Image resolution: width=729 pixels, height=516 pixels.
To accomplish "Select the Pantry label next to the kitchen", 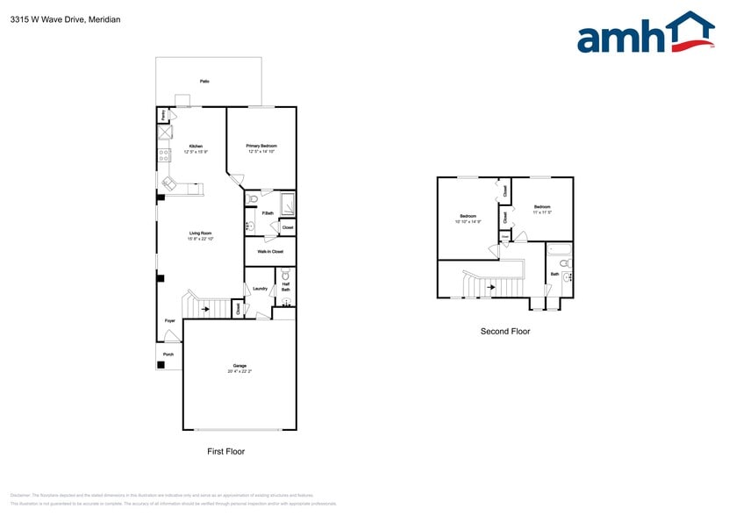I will [162, 115].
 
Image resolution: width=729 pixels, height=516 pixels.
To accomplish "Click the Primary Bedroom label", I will [261, 146].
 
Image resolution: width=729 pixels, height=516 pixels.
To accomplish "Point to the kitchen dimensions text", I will [196, 152].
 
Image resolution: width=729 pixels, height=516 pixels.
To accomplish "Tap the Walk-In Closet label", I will [269, 252].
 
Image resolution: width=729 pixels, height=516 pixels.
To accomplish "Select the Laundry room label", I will [260, 289].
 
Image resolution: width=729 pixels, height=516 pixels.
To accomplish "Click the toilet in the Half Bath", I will [285, 275].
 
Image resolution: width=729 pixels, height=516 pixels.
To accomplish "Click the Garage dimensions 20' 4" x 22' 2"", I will [239, 371].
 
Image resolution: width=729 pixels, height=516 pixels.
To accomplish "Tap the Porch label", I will [168, 355].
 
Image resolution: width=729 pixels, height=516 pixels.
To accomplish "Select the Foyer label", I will [169, 321].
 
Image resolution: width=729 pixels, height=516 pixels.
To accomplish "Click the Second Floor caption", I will [504, 332].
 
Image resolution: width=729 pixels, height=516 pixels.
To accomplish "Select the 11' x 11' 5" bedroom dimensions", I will [541, 211].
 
